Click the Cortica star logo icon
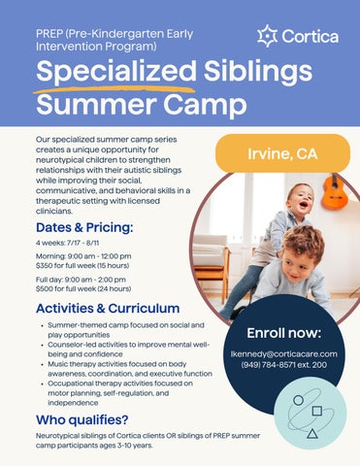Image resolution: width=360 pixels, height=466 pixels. point(268,36)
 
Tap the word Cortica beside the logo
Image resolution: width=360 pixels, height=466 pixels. point(311,37)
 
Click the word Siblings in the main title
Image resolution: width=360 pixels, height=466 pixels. point(258,71)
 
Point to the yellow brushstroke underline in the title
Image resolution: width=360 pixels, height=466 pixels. point(115,89)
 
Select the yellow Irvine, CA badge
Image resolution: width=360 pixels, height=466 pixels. point(282,153)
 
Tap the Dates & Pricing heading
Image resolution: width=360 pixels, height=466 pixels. point(84,227)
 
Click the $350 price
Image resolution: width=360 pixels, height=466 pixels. point(43,266)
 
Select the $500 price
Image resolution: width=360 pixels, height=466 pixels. point(44,288)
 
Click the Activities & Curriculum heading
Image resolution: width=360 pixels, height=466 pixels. point(108,308)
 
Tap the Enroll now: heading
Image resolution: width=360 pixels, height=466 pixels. point(284,333)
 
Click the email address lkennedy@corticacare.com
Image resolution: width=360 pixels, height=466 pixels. point(284,353)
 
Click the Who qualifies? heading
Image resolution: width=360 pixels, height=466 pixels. point(82,420)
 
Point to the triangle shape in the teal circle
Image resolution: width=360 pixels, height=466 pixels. point(312,433)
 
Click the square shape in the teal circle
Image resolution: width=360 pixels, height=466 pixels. point(317,411)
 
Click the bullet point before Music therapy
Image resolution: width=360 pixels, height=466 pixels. point(43,365)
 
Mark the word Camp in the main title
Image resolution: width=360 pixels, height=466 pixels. point(205,104)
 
